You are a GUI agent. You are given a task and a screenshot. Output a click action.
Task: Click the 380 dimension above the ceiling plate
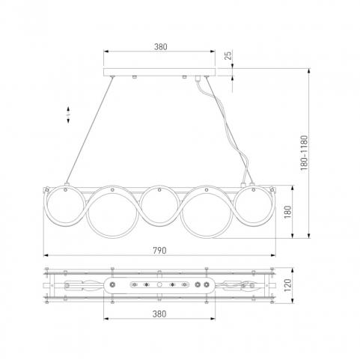160,46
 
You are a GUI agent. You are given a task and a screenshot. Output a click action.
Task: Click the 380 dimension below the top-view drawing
159,314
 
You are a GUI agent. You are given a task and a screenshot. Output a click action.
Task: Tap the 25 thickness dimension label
228,55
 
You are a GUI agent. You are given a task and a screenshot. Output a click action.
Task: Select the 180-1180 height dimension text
304,153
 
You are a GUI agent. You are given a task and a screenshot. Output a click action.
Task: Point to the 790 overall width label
159,250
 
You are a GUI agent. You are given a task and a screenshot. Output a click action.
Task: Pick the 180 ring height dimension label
287,212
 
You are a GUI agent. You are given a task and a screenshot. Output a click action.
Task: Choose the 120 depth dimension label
287,285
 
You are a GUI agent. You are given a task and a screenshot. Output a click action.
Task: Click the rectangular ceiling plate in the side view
159,72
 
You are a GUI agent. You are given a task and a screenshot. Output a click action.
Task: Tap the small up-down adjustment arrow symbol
68,115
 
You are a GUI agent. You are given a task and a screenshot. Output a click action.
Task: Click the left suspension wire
89,130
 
